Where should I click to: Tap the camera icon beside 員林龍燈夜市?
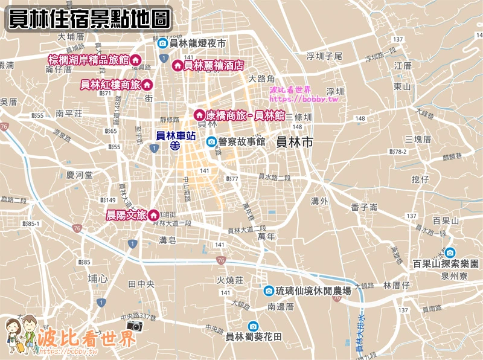(162, 43)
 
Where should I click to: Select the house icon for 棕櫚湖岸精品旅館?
(136, 60)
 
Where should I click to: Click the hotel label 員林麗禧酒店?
(213, 65)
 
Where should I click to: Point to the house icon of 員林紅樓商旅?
(146, 85)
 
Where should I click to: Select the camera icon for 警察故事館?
(211, 141)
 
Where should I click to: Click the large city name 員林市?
(294, 143)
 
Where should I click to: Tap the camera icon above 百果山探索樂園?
(450, 252)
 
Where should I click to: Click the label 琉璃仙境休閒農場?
(313, 291)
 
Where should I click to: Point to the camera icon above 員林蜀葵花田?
(253, 326)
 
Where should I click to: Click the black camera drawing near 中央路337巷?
(135, 326)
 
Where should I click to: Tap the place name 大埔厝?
(71, 37)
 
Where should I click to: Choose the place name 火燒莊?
(230, 280)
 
